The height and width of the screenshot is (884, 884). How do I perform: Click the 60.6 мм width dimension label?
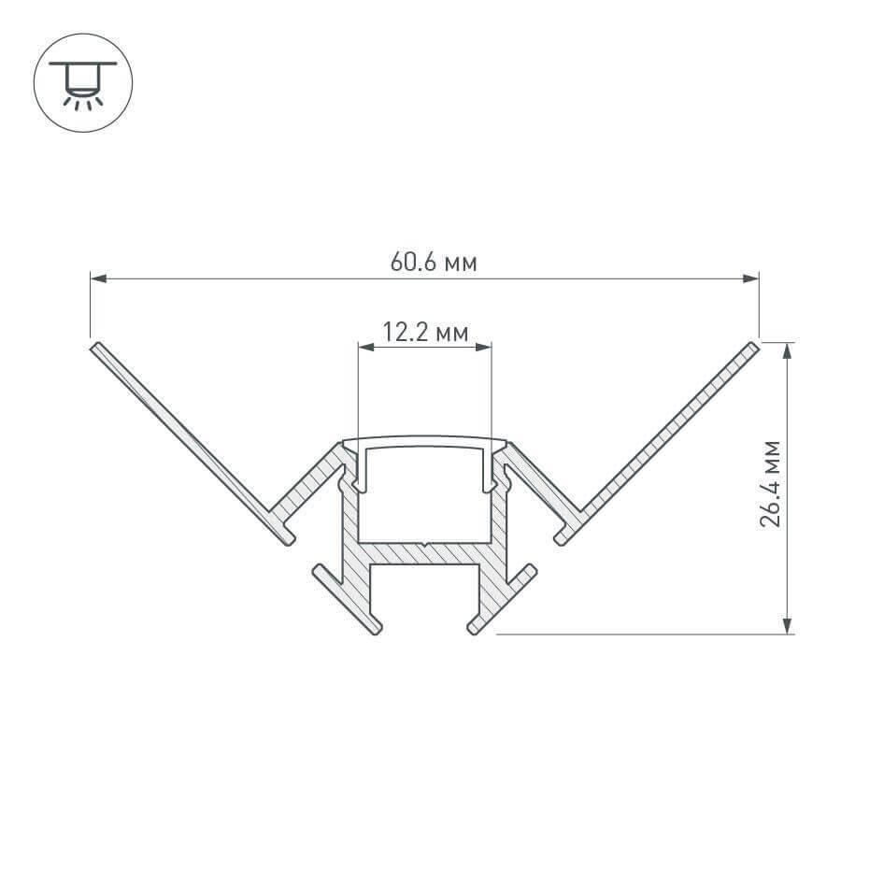pos(433,263)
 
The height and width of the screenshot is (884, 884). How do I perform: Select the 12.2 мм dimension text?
pos(424,332)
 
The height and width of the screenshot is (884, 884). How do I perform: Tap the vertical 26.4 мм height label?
pos(771,483)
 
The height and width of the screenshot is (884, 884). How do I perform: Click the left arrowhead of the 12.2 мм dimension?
pos(366,348)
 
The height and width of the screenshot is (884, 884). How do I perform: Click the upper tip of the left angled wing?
pos(95,348)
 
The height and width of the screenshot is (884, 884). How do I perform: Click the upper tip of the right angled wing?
pos(752,348)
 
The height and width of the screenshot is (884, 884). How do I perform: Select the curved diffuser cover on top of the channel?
pos(425,440)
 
